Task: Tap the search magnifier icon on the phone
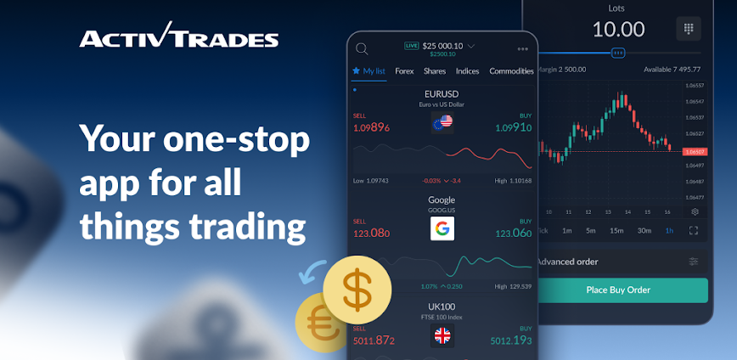(x=363, y=48)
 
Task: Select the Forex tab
(x=404, y=71)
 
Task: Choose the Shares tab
(x=435, y=71)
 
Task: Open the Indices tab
(x=468, y=71)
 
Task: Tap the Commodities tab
(x=511, y=71)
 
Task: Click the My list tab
(x=369, y=71)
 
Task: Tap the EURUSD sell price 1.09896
(x=371, y=127)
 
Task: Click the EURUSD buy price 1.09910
(x=513, y=127)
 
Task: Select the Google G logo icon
(x=442, y=228)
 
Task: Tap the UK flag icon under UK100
(x=442, y=335)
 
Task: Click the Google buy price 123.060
(x=513, y=233)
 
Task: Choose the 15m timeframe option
(x=616, y=230)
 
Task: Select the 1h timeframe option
(x=669, y=230)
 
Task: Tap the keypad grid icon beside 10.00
(x=688, y=29)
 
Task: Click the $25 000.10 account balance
(x=442, y=45)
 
